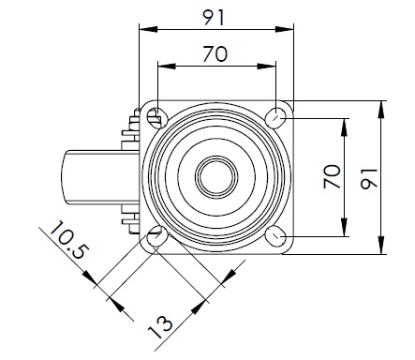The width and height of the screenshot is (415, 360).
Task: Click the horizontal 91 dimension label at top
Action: [214, 18]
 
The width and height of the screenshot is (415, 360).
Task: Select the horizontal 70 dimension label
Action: [215, 53]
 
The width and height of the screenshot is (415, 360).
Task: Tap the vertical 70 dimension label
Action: [332, 176]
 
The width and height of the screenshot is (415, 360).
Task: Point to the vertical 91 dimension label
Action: [369, 179]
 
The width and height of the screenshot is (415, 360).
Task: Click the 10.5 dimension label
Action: [69, 240]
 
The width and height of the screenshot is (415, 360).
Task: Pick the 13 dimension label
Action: [159, 327]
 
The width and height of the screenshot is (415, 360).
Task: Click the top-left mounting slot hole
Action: [156, 117]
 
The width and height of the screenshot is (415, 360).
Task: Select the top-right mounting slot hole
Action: [275, 118]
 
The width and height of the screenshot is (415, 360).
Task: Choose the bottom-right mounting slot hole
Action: [275, 236]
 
